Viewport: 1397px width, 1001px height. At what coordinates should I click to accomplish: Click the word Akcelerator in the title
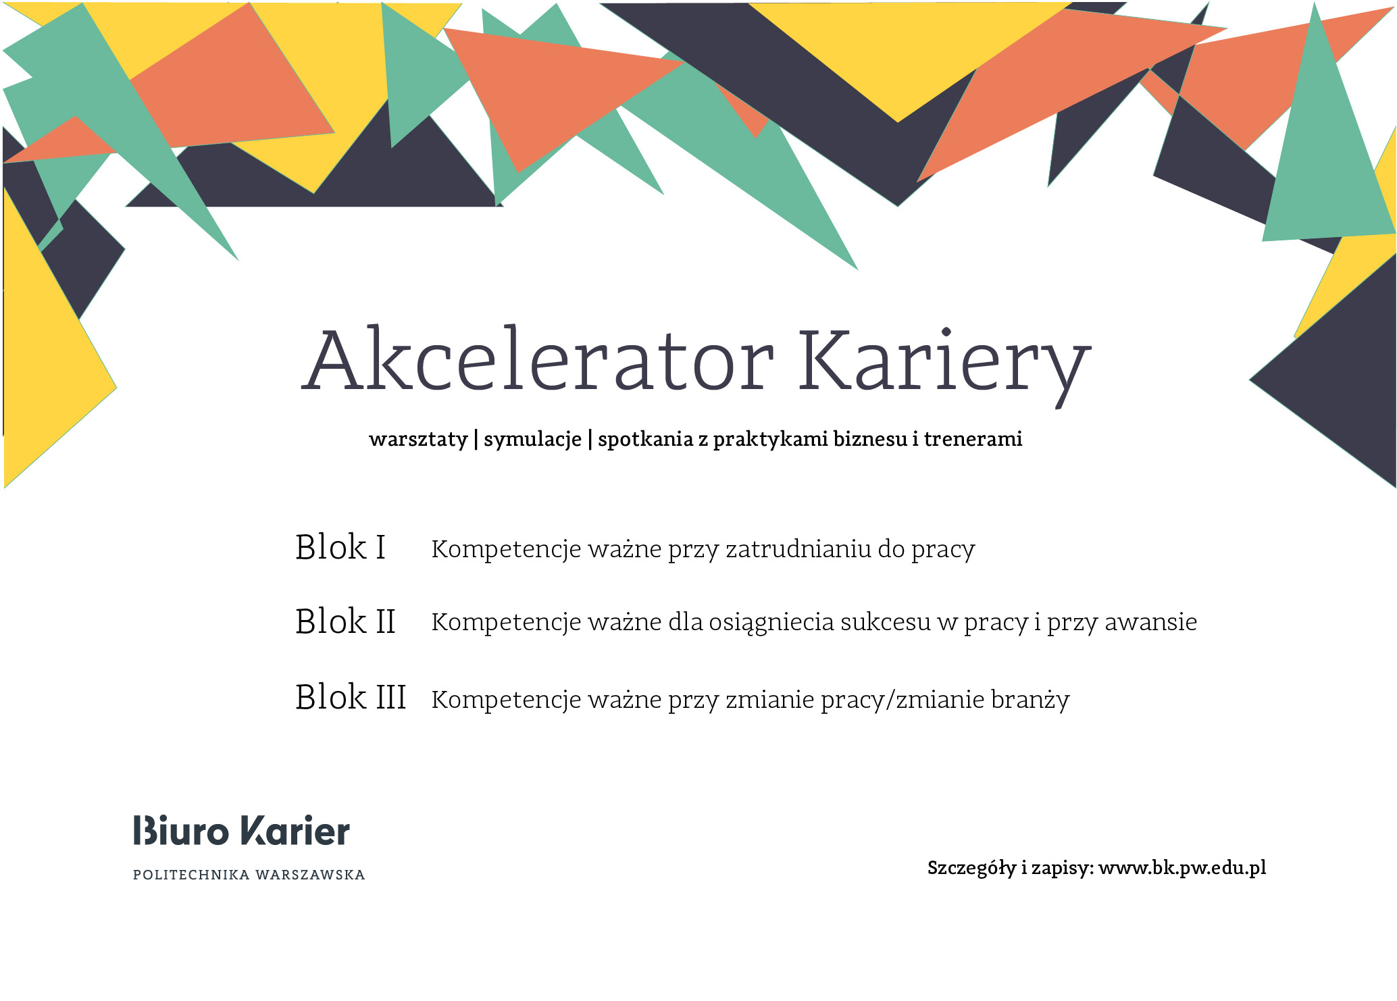[x=537, y=361]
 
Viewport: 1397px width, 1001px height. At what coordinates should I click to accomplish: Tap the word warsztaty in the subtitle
[x=417, y=440]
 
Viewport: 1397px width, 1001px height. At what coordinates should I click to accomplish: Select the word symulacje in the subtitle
[x=532, y=440]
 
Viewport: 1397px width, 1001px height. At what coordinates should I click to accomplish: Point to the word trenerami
[x=973, y=439]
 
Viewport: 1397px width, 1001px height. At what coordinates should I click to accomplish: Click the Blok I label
[x=340, y=547]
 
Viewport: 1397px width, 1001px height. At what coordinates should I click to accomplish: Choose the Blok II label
[x=345, y=621]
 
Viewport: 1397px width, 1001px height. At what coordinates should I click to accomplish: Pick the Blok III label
[x=351, y=697]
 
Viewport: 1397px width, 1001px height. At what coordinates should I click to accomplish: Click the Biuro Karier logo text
[x=242, y=831]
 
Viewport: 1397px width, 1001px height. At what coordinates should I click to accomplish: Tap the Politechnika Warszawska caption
[x=249, y=875]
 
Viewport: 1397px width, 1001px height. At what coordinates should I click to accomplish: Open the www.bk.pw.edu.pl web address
[x=1182, y=868]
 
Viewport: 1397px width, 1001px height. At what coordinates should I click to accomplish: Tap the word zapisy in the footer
[x=1063, y=868]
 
